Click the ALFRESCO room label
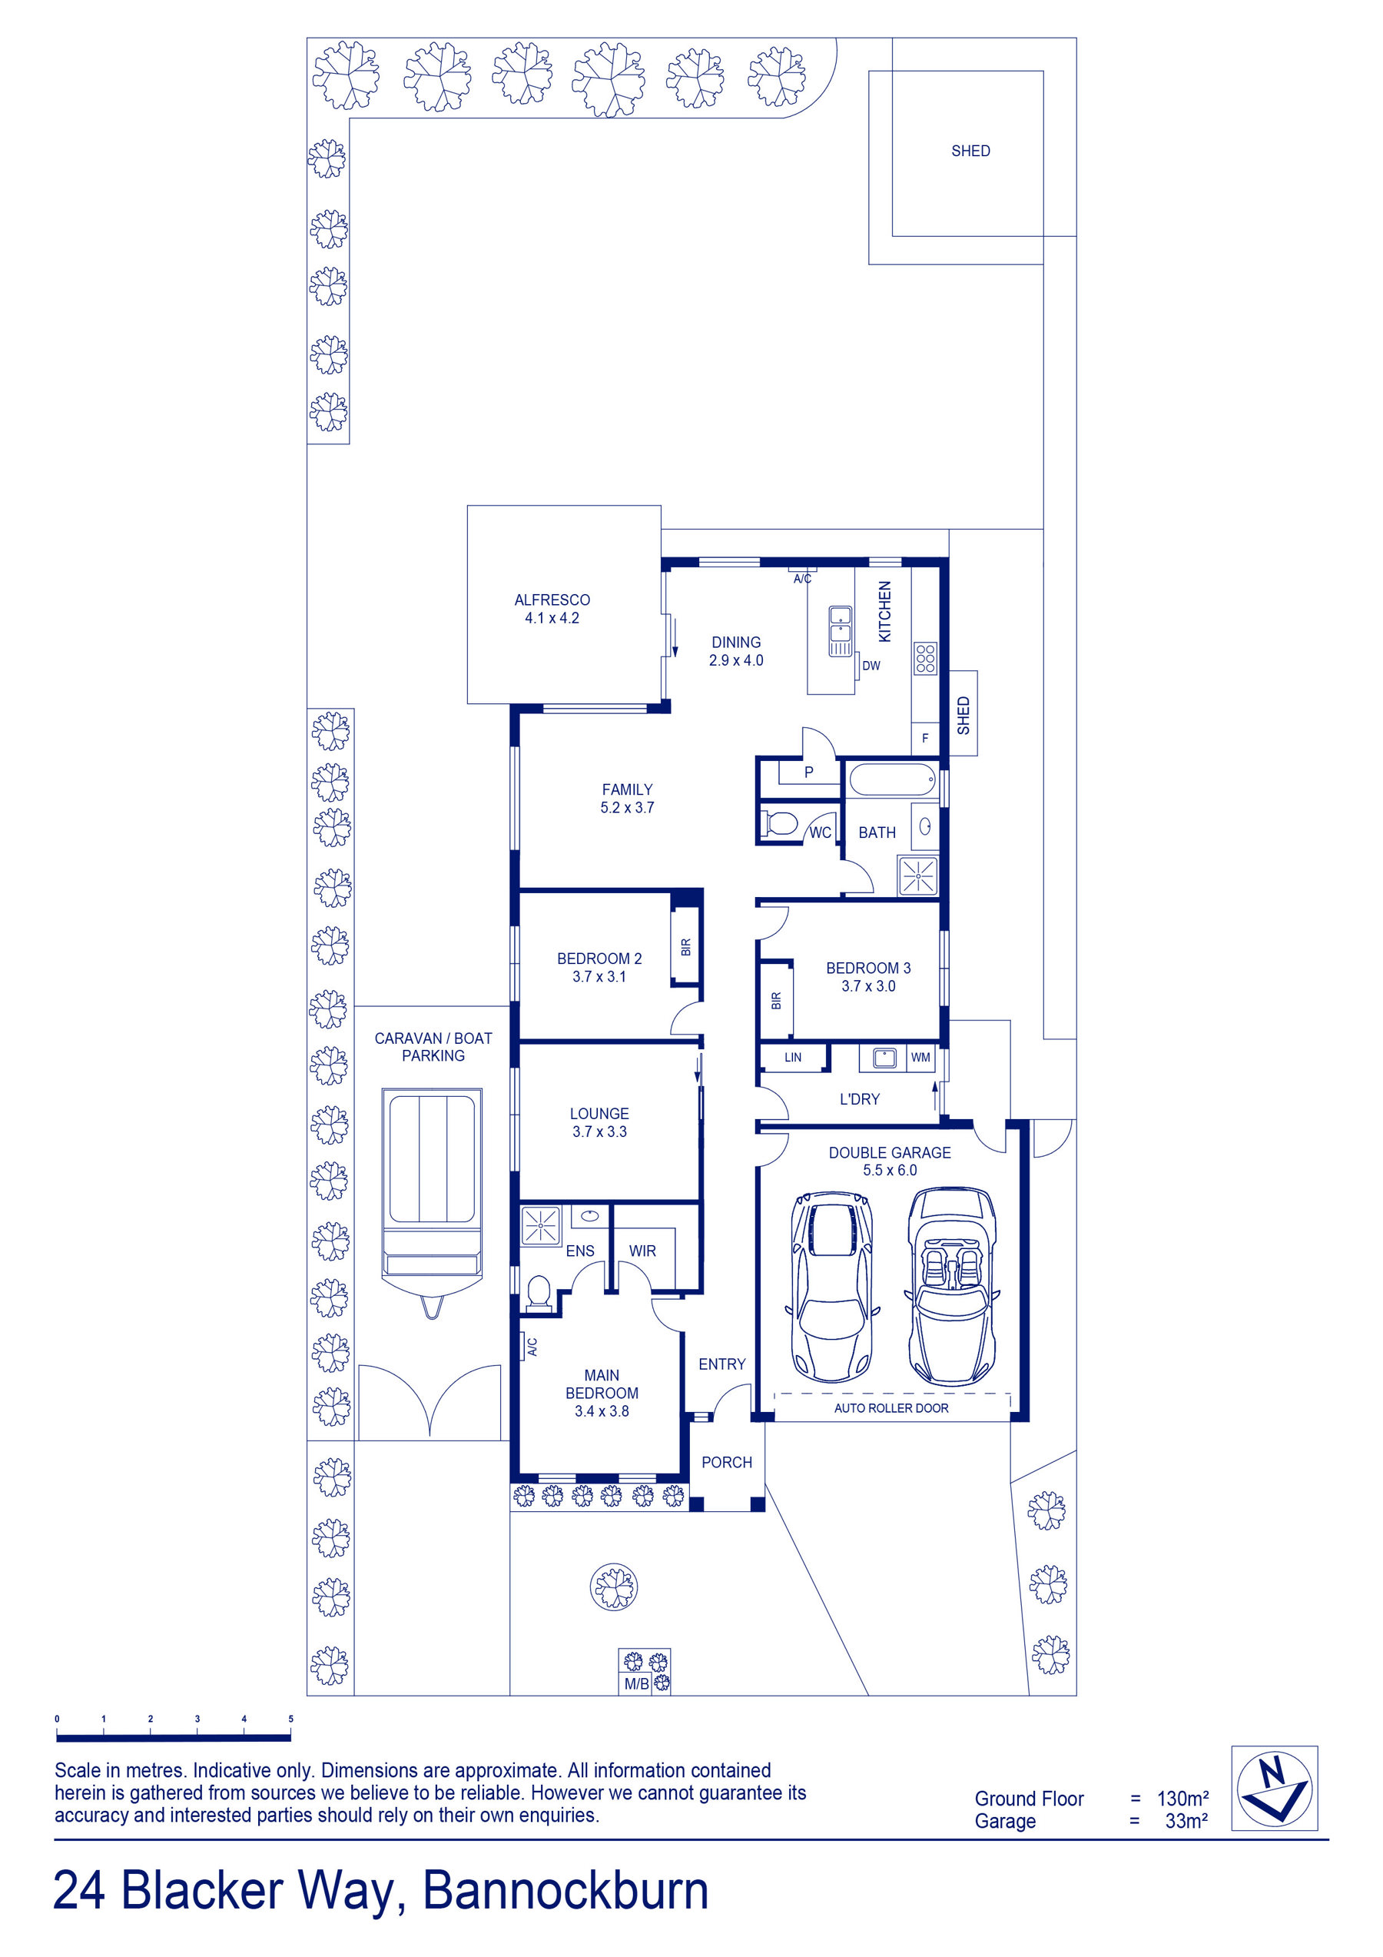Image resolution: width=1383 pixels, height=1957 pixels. click(x=552, y=600)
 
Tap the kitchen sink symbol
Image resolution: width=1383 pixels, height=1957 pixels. click(x=841, y=631)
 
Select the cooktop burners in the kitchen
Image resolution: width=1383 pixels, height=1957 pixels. click(x=925, y=659)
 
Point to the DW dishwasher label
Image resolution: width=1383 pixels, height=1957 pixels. click(x=871, y=666)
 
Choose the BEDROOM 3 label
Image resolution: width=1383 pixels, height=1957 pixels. click(x=868, y=969)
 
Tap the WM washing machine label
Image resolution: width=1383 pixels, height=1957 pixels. click(x=921, y=1058)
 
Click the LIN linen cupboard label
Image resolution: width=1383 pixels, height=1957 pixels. click(x=792, y=1058)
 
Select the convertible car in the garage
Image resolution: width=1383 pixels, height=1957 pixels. click(x=952, y=1287)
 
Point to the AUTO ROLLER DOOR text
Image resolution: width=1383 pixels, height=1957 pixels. click(x=891, y=1408)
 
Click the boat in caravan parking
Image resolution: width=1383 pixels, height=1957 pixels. click(x=432, y=1202)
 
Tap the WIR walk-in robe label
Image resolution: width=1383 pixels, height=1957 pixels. click(x=642, y=1251)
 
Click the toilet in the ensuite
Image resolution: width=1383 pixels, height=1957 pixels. click(x=539, y=1292)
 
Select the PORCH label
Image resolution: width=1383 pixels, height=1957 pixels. click(x=727, y=1463)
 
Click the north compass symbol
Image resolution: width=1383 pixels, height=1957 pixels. click(x=1274, y=1789)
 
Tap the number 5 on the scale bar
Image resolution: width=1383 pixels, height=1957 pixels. click(x=290, y=1719)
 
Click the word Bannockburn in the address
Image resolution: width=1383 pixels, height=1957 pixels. click(x=565, y=1891)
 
